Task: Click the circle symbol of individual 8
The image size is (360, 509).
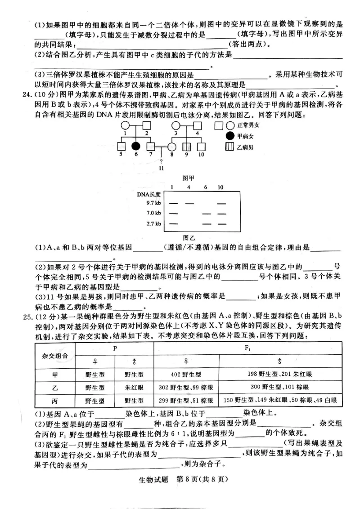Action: coord(171,147)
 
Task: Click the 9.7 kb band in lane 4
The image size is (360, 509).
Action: coord(189,203)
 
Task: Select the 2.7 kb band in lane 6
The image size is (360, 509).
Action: coord(206,223)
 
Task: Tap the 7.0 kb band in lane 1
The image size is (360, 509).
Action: coord(173,214)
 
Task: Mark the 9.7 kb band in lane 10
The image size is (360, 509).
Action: coord(221,203)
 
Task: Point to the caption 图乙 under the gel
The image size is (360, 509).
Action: coord(189,237)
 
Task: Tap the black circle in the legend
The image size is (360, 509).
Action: coord(229,136)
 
